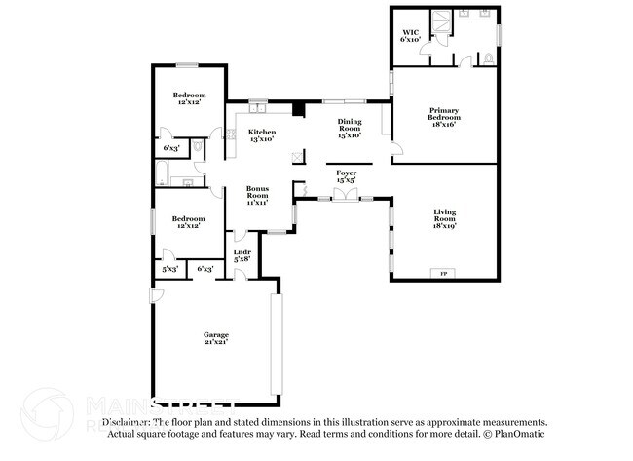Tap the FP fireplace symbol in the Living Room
pyautogui.click(x=445, y=273)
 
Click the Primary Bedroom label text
pyautogui.click(x=443, y=115)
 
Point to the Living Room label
pyautogui.click(x=444, y=215)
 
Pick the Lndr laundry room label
pyautogui.click(x=242, y=254)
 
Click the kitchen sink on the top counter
pyautogui.click(x=257, y=107)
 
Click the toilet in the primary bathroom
pyautogui.click(x=487, y=58)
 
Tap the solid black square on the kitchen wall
pyautogui.click(x=299, y=108)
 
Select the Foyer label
pyautogui.click(x=346, y=173)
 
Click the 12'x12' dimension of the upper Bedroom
pyautogui.click(x=188, y=102)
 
